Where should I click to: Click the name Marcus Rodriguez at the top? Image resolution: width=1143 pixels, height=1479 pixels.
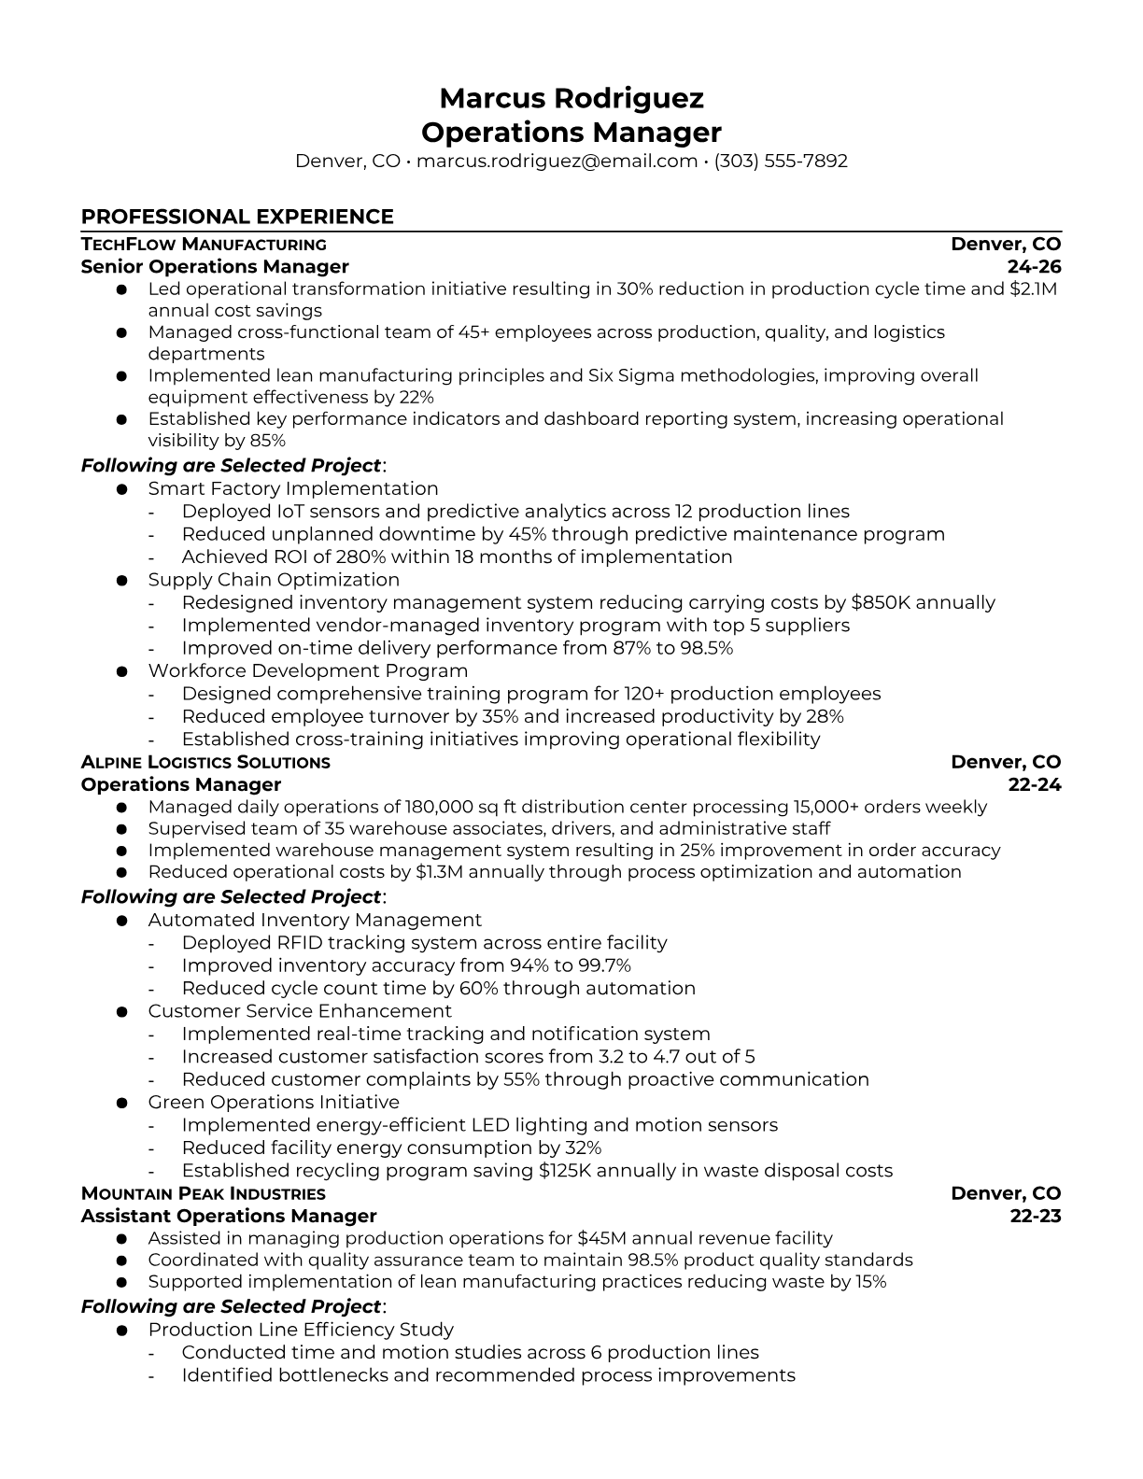point(571,98)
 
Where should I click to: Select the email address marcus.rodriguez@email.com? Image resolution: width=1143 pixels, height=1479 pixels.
point(557,161)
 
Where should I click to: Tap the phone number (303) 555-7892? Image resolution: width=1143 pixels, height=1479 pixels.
point(781,161)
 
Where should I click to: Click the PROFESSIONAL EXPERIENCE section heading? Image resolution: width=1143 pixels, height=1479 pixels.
point(237,217)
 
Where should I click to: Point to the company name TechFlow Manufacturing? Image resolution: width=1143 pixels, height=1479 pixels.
point(204,245)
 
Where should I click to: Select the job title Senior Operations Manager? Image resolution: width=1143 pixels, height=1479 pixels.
point(215,267)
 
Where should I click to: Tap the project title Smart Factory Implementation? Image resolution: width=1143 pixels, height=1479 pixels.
point(292,488)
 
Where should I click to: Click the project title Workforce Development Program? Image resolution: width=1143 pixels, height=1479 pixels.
point(307,670)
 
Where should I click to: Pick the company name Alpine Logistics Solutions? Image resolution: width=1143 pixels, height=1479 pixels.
point(205,762)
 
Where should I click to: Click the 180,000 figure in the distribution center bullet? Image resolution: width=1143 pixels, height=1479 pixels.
point(437,807)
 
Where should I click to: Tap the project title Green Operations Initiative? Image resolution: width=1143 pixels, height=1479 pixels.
point(273,1102)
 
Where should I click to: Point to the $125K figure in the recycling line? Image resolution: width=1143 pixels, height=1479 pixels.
point(565,1170)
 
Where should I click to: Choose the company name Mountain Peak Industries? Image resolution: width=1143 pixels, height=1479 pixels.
point(203,1193)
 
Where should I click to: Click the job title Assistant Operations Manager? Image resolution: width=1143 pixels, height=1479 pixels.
point(229,1216)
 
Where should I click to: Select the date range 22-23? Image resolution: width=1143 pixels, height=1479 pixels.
point(1036,1216)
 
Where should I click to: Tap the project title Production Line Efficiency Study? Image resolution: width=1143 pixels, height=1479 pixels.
point(301,1330)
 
